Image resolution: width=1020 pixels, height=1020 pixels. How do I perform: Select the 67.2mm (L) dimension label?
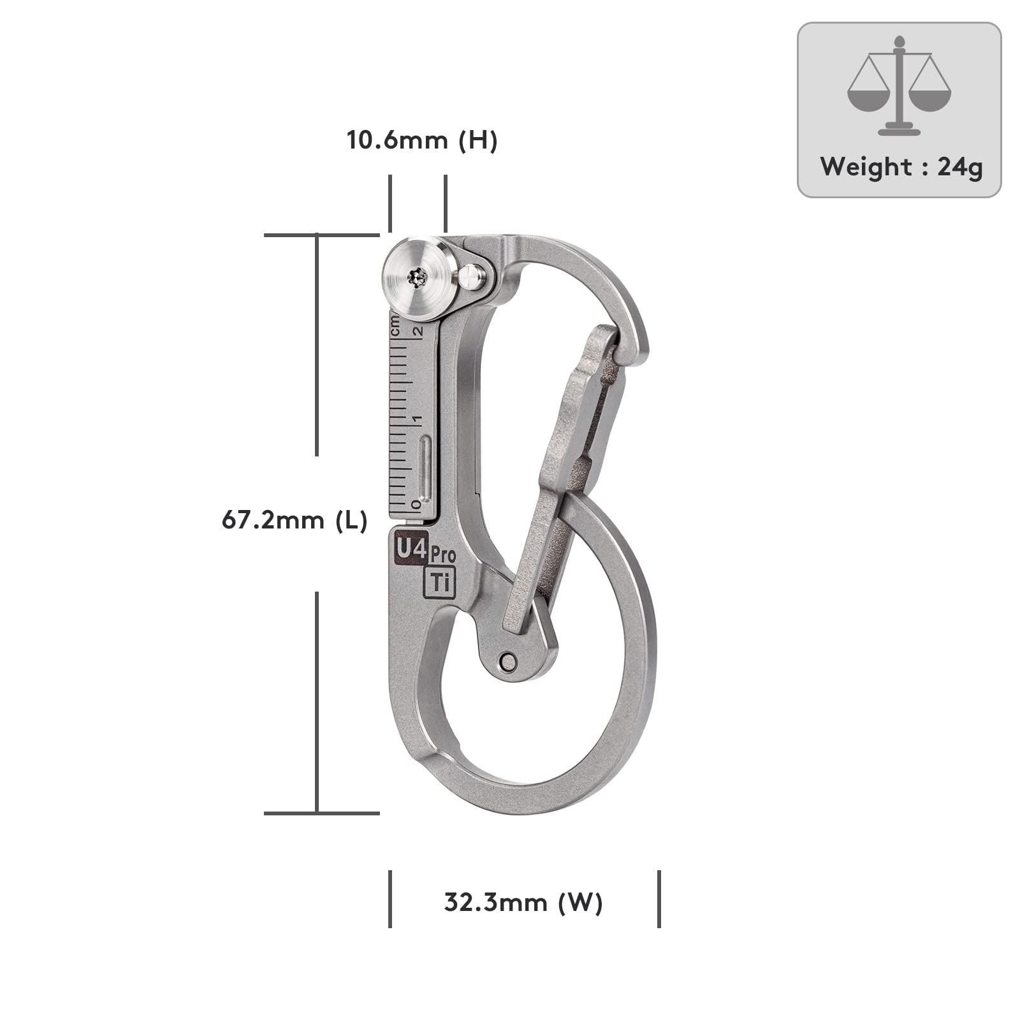coord(295,521)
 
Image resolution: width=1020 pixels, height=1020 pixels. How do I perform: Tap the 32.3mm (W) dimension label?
coord(523,903)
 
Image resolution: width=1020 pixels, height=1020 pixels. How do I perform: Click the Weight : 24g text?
coord(901,168)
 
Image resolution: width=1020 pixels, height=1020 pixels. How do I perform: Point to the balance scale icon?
coord(899,86)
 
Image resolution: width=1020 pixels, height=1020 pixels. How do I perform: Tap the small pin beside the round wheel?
coord(472,277)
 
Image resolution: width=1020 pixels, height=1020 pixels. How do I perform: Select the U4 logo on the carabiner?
coord(411,548)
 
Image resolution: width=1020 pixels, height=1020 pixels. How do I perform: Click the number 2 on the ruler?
coord(418,331)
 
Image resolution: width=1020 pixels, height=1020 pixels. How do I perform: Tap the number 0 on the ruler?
coord(416,505)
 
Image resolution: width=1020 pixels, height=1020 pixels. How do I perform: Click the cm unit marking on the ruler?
coord(396,326)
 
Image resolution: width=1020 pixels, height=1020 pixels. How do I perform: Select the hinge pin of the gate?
coord(507,660)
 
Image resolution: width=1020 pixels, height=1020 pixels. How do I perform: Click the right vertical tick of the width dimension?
coord(659,899)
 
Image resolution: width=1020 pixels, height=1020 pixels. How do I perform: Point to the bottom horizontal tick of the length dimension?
coord(322,813)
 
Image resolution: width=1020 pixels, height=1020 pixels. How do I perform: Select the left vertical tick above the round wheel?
coord(390,203)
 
